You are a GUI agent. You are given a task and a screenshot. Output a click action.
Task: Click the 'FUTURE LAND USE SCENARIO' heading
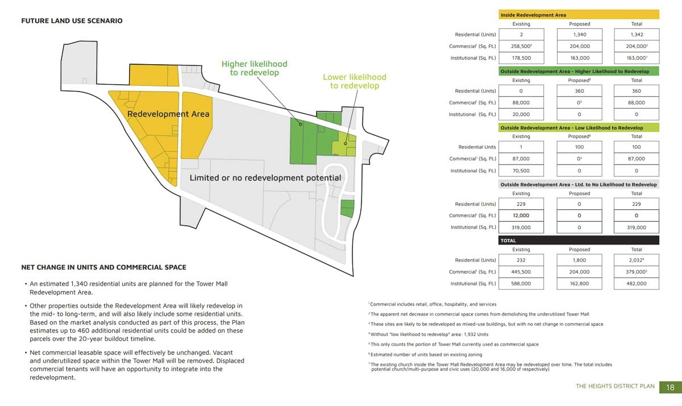tap(72, 21)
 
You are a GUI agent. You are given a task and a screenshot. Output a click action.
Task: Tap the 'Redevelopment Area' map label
tap(168, 114)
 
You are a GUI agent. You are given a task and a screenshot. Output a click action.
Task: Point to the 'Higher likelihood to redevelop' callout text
tap(254, 68)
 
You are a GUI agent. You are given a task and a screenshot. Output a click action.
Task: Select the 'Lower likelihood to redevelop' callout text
tap(354, 81)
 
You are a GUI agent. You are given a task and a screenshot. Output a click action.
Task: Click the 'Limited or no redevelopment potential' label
tap(265, 178)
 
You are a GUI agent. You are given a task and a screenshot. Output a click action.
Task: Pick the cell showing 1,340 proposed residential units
tap(579, 35)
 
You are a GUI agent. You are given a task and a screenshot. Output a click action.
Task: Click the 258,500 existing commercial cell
tap(521, 46)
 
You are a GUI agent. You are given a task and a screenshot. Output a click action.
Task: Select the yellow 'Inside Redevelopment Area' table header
tap(579, 15)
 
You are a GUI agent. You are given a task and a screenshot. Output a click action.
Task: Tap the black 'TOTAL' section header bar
tap(579, 241)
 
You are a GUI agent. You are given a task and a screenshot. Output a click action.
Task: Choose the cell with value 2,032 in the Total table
tap(636, 260)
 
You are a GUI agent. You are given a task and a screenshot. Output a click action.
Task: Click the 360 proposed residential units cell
tap(579, 91)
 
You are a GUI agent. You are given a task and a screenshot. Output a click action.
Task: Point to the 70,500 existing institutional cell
tap(521, 170)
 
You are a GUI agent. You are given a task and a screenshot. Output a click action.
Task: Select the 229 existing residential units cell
tap(521, 204)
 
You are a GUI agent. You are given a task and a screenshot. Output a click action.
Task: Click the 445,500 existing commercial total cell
tap(521, 272)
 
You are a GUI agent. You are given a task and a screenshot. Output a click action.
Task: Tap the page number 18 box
tap(670, 387)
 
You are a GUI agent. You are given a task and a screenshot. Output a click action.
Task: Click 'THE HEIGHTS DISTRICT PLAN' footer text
tap(615, 387)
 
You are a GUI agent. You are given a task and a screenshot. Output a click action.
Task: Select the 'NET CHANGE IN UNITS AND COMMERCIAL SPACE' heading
tap(103, 267)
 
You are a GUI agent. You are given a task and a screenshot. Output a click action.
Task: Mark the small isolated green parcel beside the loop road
tap(347, 208)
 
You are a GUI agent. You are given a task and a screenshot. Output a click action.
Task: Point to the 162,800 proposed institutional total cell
tap(579, 283)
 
